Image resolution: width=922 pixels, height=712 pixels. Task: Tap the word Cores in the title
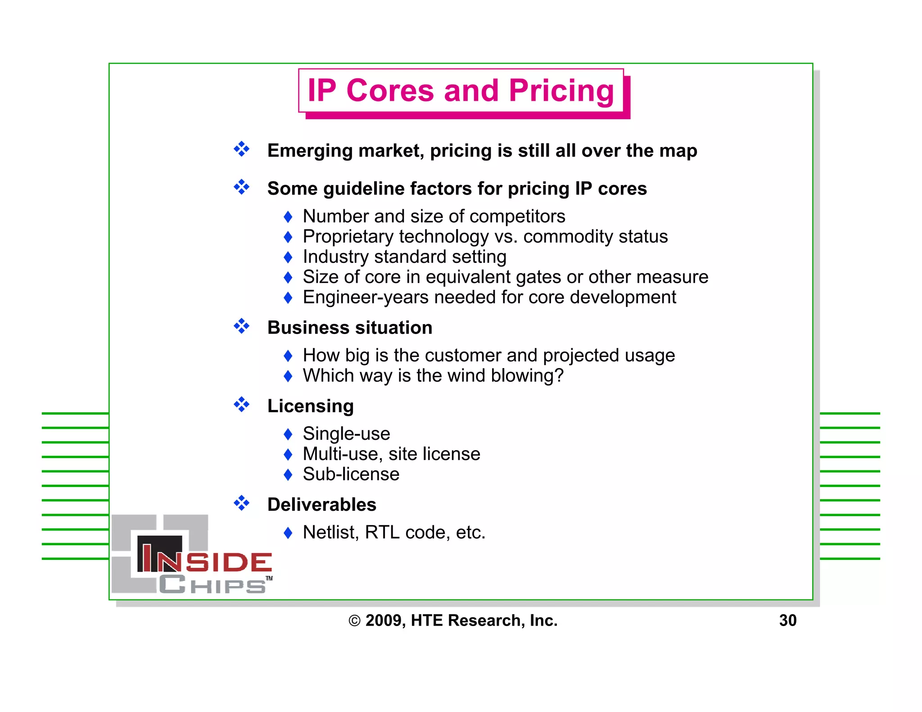coord(390,91)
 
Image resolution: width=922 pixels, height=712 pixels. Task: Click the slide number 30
coord(788,620)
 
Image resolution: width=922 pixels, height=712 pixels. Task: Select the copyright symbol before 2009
coord(354,621)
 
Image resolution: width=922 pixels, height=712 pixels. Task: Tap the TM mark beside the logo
coord(269,578)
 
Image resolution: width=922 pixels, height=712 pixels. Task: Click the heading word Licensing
coord(310,406)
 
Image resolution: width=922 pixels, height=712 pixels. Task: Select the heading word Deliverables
coord(321,505)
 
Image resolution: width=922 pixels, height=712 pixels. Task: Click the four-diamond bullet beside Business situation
coord(241,326)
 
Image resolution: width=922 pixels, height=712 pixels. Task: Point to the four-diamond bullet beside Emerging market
coord(241,149)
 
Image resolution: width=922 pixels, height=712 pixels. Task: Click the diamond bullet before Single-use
coord(288,434)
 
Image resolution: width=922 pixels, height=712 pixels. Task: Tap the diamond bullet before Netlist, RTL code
coord(288,533)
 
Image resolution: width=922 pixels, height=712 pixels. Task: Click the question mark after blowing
coord(559,375)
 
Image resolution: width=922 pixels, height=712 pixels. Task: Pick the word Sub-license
coord(351,474)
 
